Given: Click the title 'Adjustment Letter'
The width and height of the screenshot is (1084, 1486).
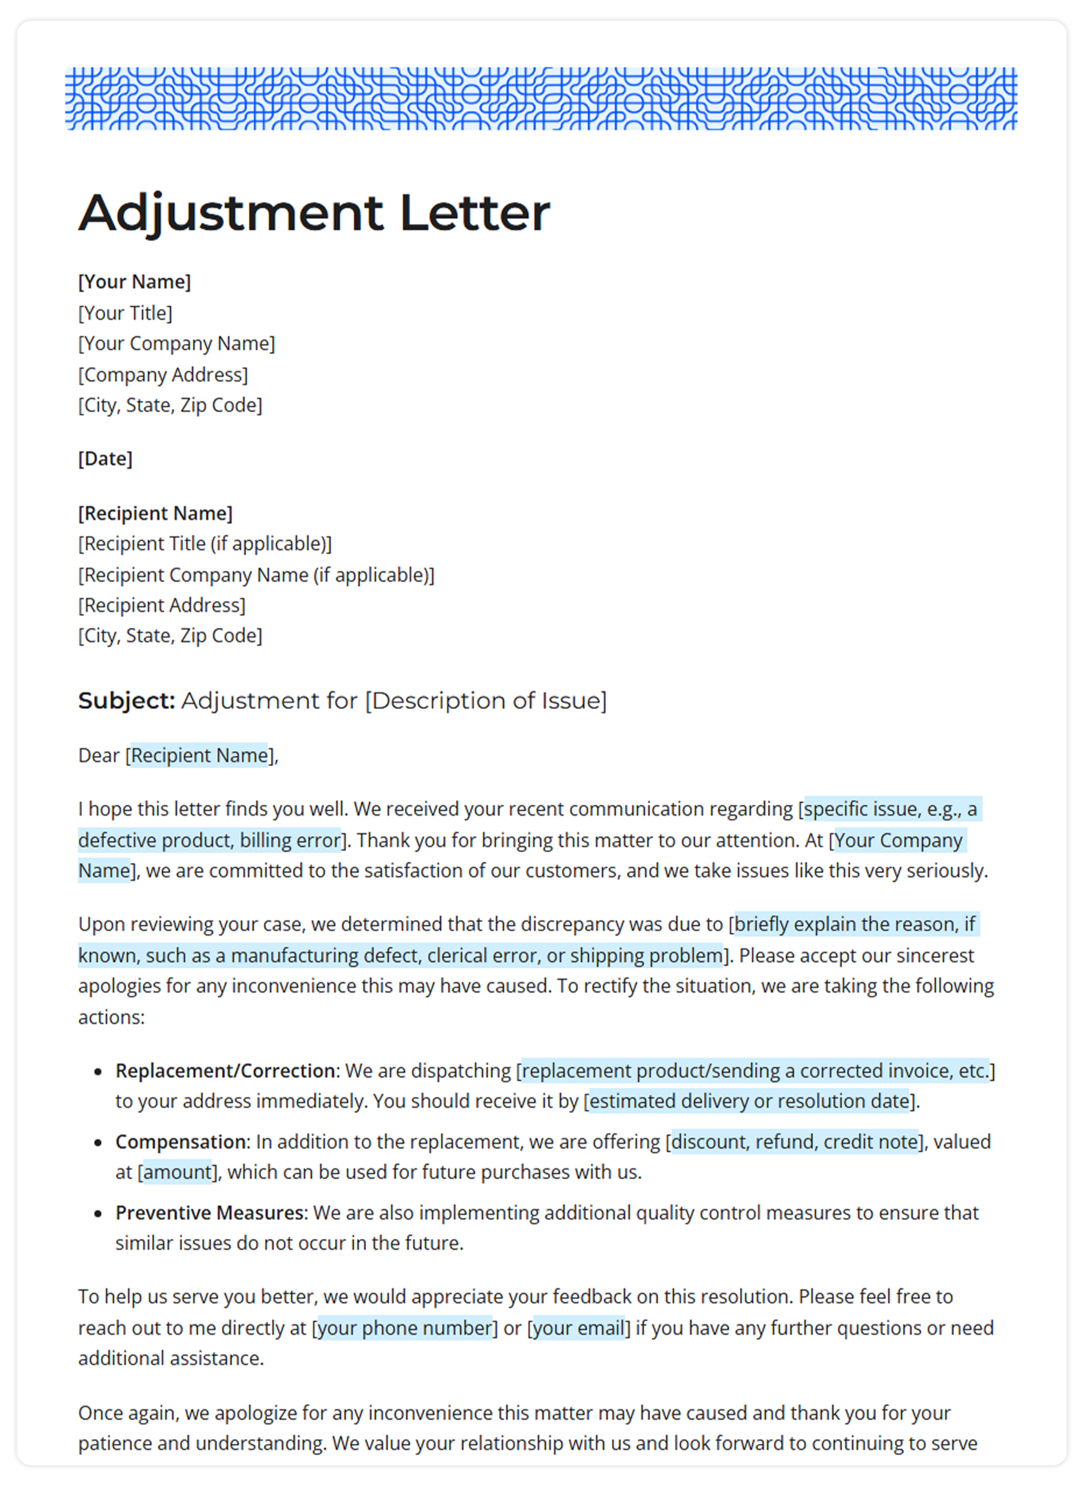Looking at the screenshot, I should pyautogui.click(x=313, y=213).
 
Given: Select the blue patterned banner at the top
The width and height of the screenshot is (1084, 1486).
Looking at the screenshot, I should pyautogui.click(x=541, y=98).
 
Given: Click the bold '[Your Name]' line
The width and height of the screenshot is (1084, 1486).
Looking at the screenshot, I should pyautogui.click(x=134, y=282).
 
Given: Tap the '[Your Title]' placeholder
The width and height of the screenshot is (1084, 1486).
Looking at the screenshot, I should pyautogui.click(x=125, y=313).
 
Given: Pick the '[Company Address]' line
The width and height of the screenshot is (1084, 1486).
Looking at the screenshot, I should pyautogui.click(x=163, y=374).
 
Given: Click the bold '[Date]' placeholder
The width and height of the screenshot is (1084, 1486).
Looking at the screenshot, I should pyautogui.click(x=106, y=458).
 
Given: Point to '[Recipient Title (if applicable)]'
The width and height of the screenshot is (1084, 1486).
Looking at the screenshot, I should pyautogui.click(x=205, y=544).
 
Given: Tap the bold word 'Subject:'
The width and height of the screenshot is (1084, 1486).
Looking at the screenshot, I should pyautogui.click(x=127, y=700).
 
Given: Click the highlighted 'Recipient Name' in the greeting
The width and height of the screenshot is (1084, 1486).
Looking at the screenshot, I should pyautogui.click(x=199, y=755).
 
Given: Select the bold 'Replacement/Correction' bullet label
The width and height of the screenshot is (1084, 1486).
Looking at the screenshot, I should pyautogui.click(x=225, y=1071).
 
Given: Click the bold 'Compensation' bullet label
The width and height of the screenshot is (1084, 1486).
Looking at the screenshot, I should pyautogui.click(x=180, y=1142).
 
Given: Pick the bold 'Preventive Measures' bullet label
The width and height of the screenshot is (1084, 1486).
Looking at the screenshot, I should pyautogui.click(x=210, y=1213).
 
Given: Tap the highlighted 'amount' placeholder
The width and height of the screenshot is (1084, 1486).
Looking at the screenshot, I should pyautogui.click(x=177, y=1172).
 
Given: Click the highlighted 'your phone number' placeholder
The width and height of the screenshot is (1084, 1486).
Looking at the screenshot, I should pyautogui.click(x=404, y=1328).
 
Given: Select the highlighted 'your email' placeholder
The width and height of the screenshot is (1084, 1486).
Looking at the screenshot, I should pyautogui.click(x=578, y=1328).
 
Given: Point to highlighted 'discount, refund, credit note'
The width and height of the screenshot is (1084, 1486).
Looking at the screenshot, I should pyautogui.click(x=794, y=1142).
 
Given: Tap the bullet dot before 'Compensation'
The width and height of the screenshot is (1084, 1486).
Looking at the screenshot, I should pyautogui.click(x=98, y=1143).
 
